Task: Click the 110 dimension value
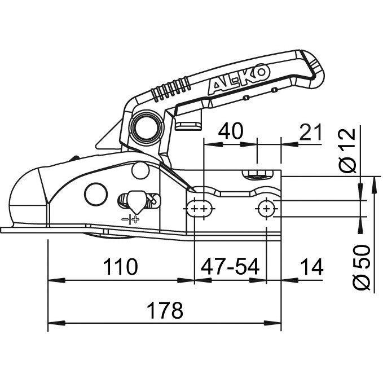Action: coord(120,266)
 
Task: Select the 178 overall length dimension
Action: coord(165,310)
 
